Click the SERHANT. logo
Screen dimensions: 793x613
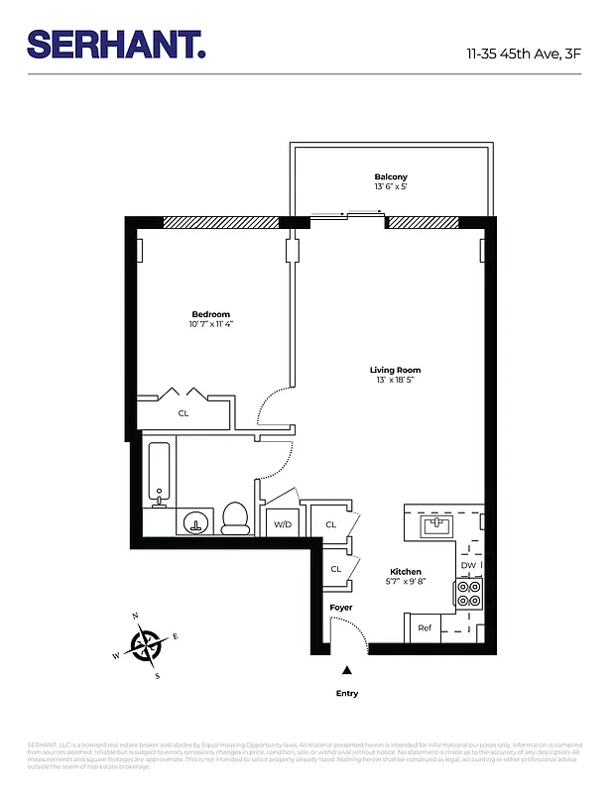(116, 45)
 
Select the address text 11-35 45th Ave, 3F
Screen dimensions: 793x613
(523, 54)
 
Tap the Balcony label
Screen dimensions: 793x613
(390, 176)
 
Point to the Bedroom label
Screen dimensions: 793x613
(210, 314)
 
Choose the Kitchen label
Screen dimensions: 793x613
(406, 572)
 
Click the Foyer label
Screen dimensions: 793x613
(341, 607)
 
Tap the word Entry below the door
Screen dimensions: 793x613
(346, 693)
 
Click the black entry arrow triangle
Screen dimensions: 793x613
(346, 670)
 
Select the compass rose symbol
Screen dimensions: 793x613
(147, 646)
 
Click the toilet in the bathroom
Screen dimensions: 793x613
(235, 517)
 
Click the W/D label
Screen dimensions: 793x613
(282, 523)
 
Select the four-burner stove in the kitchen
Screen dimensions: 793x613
(468, 593)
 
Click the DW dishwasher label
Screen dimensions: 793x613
(468, 566)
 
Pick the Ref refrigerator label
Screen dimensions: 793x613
(425, 628)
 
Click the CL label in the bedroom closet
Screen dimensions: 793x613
(184, 413)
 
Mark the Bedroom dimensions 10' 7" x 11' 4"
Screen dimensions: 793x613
(210, 324)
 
